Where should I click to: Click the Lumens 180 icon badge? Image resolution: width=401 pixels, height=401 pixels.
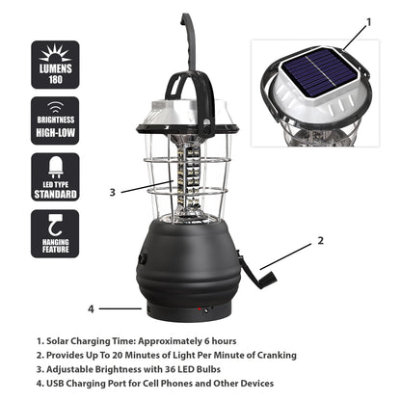[55, 65]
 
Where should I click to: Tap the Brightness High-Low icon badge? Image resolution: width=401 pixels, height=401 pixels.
[55, 120]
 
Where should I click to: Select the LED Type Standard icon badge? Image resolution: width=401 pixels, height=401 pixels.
[55, 176]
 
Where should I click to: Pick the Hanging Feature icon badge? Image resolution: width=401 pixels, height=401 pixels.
[55, 233]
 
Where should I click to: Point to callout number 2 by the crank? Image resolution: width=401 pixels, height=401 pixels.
[320, 240]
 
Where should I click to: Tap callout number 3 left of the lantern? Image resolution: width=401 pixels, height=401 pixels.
[112, 192]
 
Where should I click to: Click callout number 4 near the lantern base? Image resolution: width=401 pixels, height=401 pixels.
[92, 309]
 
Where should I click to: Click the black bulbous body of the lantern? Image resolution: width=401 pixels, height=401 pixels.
[188, 260]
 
